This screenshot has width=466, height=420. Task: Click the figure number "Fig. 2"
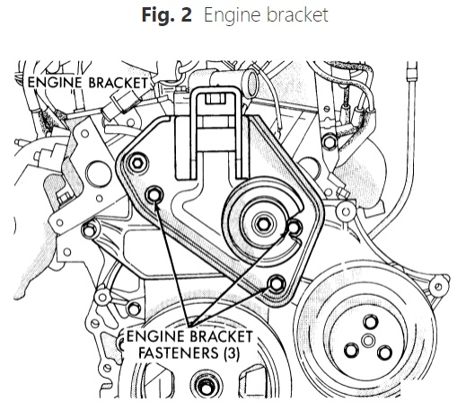[167, 15]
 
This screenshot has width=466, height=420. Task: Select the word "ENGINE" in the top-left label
[54, 83]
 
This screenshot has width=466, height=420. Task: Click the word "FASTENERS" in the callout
[179, 353]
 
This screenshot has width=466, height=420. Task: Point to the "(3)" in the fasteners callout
[232, 353]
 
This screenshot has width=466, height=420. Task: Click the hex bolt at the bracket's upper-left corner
[137, 163]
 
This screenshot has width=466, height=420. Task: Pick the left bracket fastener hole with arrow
[154, 195]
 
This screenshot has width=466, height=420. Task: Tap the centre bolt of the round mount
[263, 224]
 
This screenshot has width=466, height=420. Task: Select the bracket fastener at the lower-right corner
[276, 283]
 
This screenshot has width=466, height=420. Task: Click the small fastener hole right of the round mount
[295, 228]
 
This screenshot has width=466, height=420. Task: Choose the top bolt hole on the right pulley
[370, 322]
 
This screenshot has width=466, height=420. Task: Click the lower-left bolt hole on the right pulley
[352, 351]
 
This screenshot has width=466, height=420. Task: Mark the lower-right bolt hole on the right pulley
[384, 353]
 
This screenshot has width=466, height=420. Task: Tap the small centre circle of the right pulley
[368, 341]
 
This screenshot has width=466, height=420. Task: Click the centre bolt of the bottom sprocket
[206, 388]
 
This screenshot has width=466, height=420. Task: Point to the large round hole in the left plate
[99, 174]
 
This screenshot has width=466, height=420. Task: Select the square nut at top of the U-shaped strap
[213, 99]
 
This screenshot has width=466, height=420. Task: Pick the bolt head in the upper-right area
[330, 141]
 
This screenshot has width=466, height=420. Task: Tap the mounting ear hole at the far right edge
[438, 287]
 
